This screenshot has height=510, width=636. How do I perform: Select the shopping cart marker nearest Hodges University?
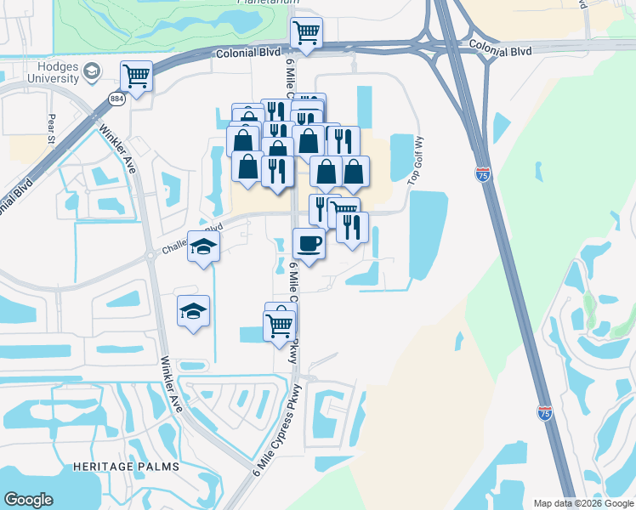[136, 76]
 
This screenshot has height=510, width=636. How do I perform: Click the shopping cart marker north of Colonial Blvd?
[306, 34]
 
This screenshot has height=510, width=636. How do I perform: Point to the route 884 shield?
[116, 99]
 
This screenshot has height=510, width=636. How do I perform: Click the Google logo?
[28, 500]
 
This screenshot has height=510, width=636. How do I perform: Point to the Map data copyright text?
[583, 503]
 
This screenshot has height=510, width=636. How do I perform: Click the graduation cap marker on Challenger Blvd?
[203, 247]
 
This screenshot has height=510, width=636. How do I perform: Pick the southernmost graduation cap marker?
[193, 312]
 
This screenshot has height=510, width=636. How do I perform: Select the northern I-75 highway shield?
[482, 174]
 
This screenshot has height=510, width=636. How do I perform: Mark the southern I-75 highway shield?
[545, 413]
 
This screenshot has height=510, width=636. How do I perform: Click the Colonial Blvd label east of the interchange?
[499, 51]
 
